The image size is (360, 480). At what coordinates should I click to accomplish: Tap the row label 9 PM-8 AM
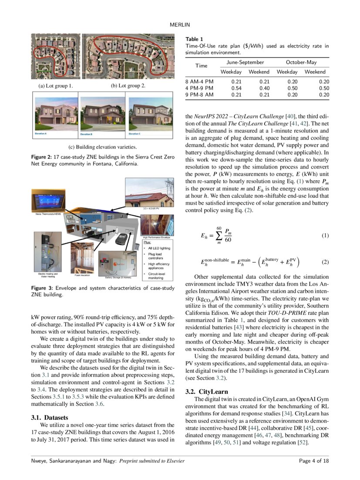pos(200,95)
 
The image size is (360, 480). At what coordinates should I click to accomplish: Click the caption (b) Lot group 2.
pos(128,86)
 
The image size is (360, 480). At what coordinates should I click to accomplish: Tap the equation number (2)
pos(325,262)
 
